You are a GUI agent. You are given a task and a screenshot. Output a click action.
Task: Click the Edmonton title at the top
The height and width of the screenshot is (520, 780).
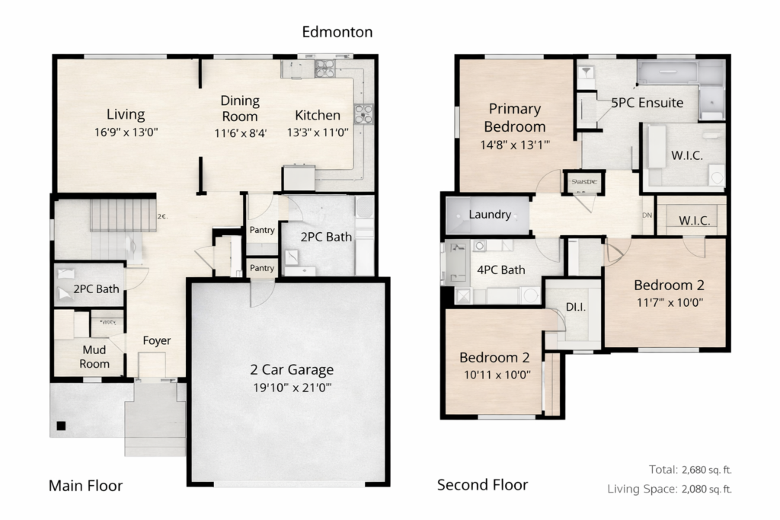[x=337, y=31]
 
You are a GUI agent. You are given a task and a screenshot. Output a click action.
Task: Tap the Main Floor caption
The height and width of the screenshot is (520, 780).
[x=85, y=486]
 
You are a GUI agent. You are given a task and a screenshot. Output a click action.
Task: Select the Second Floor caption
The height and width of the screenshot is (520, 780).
[x=482, y=485]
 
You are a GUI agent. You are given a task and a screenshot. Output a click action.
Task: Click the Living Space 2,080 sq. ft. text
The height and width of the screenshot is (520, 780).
[x=670, y=489]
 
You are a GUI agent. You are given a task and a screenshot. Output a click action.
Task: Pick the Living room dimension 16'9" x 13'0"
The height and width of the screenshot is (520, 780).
[x=126, y=132]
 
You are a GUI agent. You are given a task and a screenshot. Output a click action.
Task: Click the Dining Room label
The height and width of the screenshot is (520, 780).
[x=240, y=108]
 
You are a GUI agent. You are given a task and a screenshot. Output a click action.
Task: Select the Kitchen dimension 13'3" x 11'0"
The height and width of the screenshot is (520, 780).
[x=318, y=132]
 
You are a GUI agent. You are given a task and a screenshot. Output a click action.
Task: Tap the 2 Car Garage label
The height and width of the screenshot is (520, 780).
[x=292, y=370]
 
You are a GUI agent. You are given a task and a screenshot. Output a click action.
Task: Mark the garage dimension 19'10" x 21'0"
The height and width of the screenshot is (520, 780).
[x=292, y=387]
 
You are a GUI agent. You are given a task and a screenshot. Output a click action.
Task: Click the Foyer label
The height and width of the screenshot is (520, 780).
[x=157, y=340]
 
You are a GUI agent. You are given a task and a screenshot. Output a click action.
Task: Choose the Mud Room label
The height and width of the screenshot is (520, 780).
[x=95, y=357]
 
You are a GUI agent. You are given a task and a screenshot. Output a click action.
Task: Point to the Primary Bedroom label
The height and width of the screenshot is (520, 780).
[x=515, y=117]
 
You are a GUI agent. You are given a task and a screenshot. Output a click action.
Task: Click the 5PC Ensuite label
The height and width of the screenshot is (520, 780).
[x=647, y=102]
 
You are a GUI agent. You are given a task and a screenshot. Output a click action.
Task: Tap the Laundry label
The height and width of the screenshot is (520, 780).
[x=490, y=215]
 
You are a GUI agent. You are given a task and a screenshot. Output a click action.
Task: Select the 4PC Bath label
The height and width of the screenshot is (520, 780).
[x=501, y=270]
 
